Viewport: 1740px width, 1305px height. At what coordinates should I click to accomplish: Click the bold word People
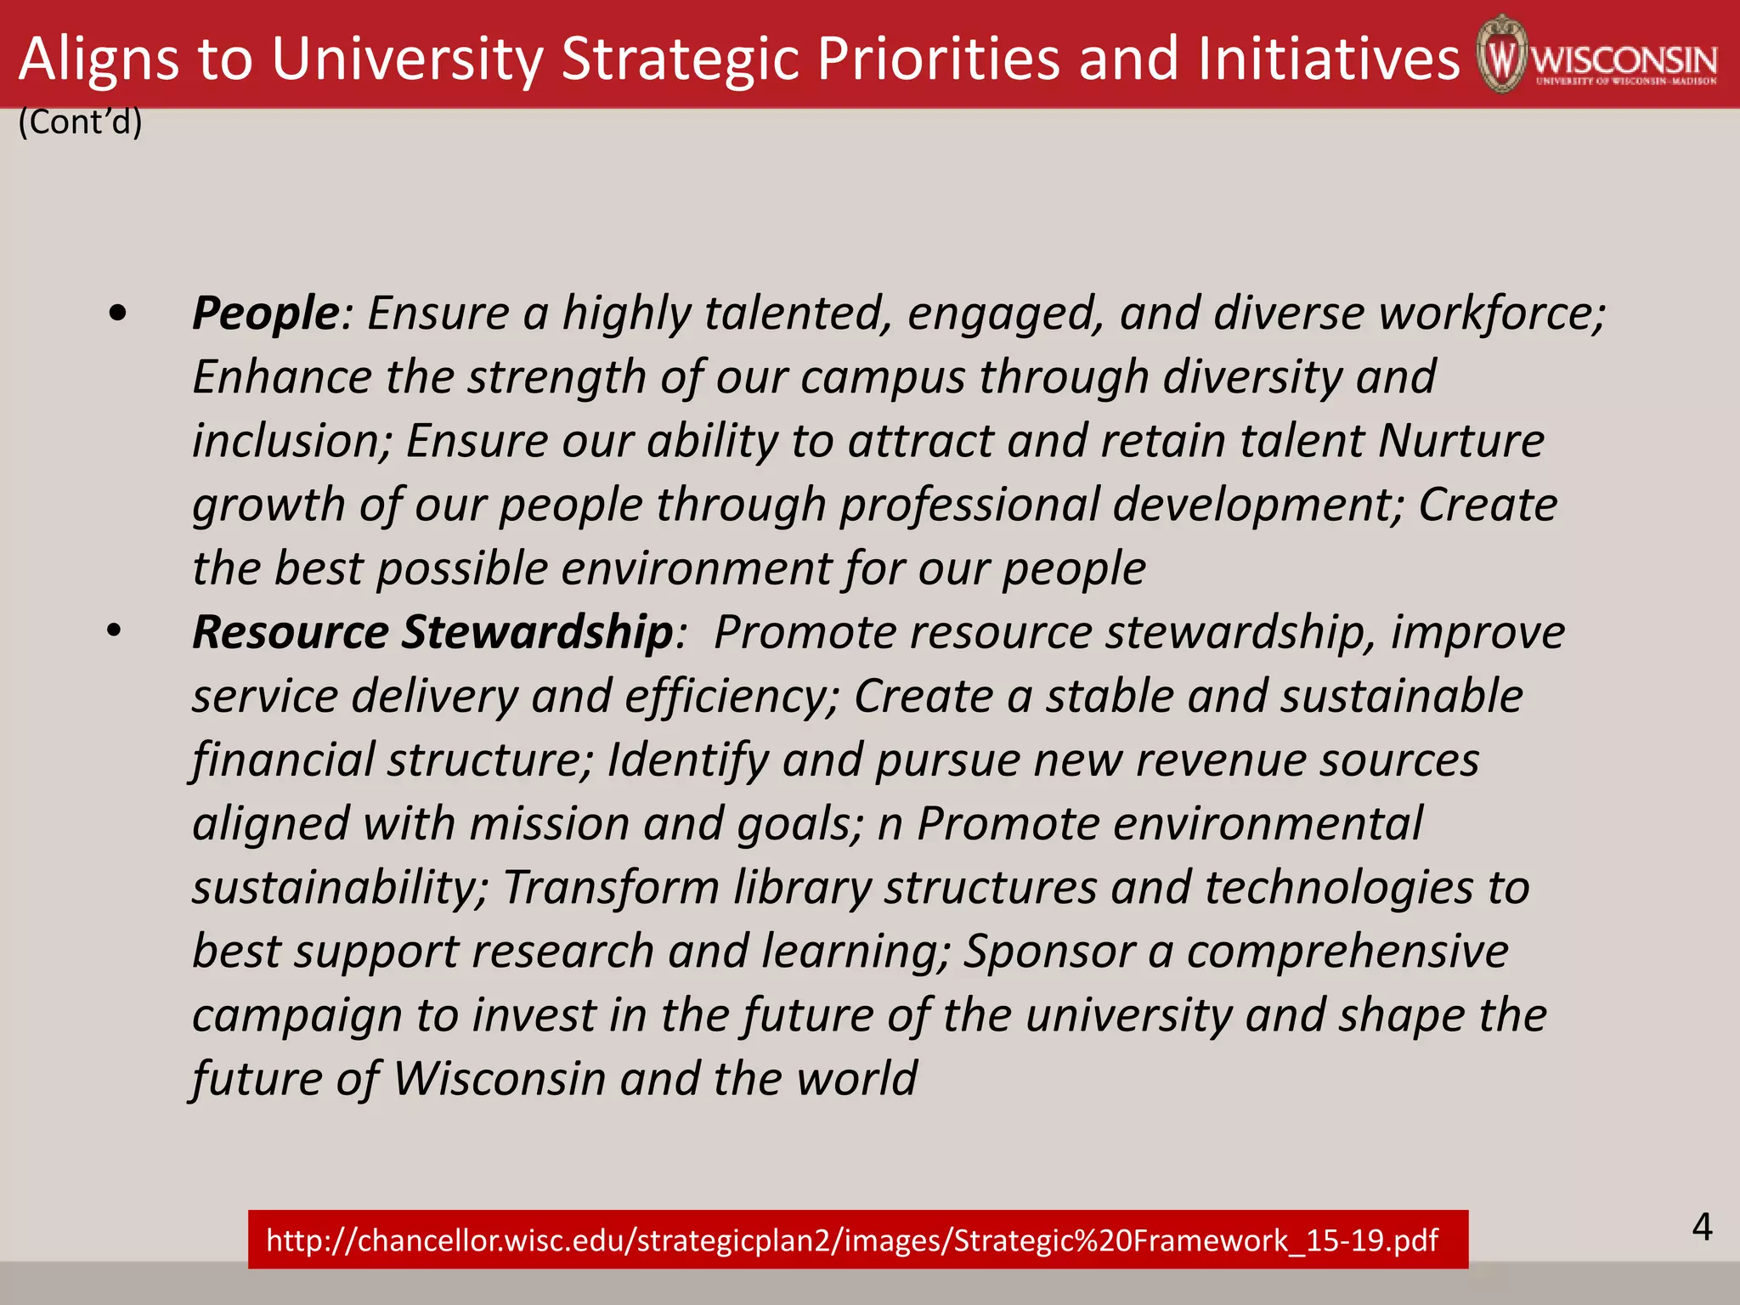(x=265, y=314)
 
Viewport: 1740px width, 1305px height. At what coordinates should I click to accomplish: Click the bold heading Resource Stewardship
(x=432, y=633)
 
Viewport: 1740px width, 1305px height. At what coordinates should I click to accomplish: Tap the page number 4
(x=1702, y=1228)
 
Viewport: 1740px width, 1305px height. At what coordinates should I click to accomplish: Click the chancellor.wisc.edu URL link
(x=851, y=1240)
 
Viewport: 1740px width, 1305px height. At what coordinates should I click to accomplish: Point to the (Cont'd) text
(x=80, y=122)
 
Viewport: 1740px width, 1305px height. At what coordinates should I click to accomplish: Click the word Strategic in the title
(x=680, y=58)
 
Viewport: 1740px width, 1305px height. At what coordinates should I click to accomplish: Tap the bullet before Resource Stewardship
(x=115, y=631)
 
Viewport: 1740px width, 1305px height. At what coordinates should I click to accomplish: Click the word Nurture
(x=1460, y=441)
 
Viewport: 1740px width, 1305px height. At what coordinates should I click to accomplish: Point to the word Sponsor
(x=1049, y=952)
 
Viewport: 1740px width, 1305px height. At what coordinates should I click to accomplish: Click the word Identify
(x=687, y=760)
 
